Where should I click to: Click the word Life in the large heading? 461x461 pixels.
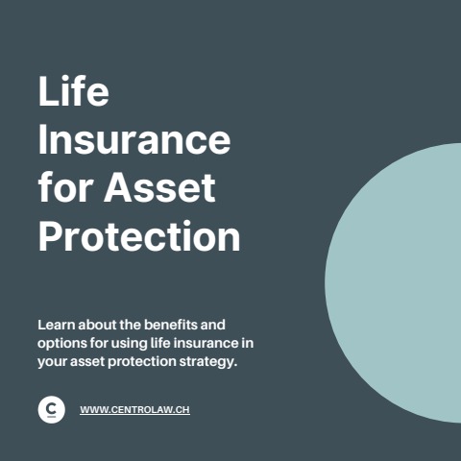click(x=73, y=93)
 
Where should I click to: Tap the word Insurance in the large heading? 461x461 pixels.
click(x=134, y=140)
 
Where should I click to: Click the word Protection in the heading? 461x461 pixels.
click(x=139, y=235)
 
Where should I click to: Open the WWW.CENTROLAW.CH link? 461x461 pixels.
click(x=134, y=410)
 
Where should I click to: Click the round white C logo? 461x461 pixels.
click(x=52, y=410)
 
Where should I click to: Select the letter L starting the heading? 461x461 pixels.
click(x=47, y=93)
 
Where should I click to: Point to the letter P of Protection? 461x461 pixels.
click(x=51, y=235)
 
